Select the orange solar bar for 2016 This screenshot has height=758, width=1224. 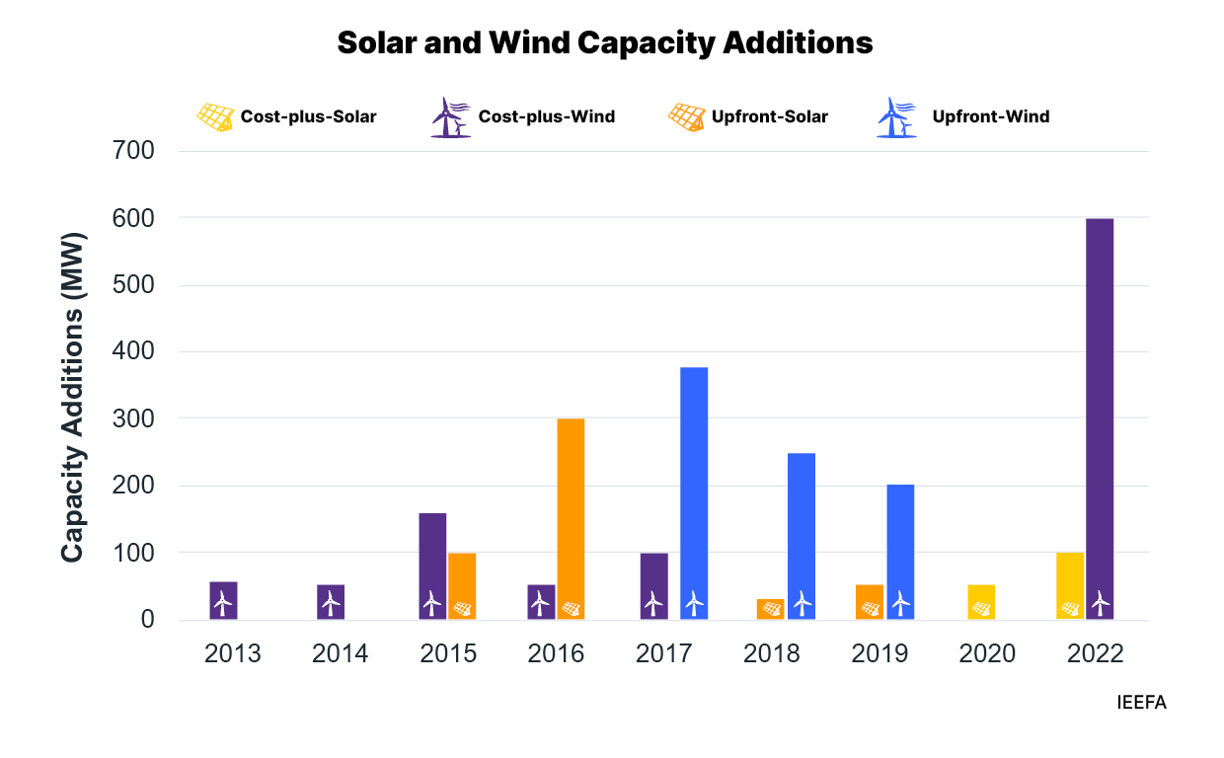point(571,518)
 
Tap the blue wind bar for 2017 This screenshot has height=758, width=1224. point(694,493)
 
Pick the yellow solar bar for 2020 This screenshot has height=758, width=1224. point(981,602)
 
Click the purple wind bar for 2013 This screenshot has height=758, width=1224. point(223,600)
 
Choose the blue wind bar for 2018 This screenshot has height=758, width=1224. point(802,536)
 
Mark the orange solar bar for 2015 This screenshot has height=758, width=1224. point(462,586)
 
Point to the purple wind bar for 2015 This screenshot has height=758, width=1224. point(432,566)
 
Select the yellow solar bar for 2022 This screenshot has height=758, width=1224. point(1070,585)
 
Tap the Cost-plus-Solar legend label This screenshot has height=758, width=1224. point(308,116)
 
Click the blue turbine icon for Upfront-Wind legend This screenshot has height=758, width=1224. point(896,117)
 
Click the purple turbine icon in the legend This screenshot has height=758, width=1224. point(450,117)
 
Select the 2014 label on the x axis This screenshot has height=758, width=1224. point(341,653)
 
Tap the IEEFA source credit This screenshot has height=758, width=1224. point(1141,703)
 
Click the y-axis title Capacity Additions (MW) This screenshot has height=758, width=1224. point(73,399)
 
